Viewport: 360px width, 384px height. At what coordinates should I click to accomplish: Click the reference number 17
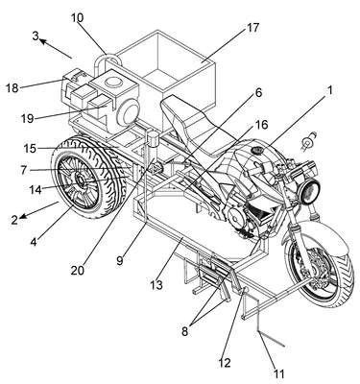[252, 28]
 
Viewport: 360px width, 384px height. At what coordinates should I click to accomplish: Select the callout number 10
[77, 17]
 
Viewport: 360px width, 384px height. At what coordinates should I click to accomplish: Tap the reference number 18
[12, 88]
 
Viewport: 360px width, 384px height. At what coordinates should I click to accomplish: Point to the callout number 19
[27, 119]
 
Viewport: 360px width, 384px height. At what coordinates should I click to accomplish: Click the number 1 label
[330, 90]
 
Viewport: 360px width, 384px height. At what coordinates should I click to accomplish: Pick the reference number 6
[258, 93]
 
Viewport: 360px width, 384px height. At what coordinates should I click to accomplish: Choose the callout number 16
[261, 125]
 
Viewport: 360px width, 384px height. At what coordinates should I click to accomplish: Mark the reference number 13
[157, 284]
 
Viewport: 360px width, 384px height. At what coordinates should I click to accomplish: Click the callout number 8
[184, 331]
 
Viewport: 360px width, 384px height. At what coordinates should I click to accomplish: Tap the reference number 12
[225, 363]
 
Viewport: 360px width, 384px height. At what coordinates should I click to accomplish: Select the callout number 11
[278, 373]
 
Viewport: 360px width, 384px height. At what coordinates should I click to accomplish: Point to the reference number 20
[77, 271]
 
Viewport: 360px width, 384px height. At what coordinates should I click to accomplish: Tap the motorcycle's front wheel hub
[312, 268]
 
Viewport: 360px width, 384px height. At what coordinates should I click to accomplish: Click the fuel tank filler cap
[256, 150]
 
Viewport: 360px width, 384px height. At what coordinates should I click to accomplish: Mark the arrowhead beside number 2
[22, 217]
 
